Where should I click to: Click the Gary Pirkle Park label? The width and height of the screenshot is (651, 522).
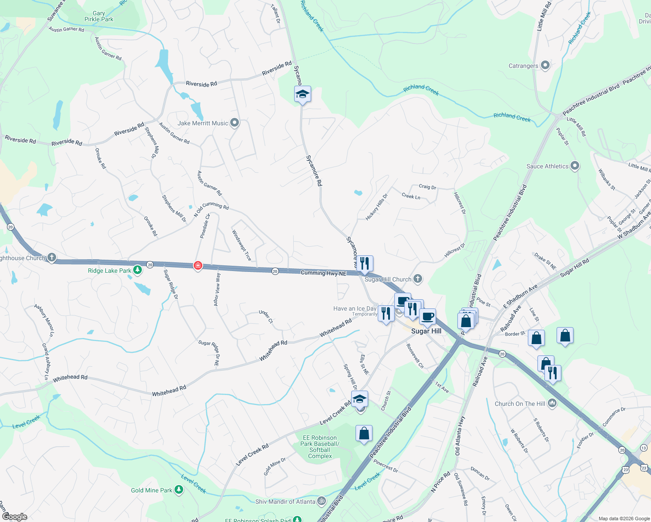(x=99, y=17)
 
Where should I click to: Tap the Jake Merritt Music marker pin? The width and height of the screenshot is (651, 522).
(x=235, y=123)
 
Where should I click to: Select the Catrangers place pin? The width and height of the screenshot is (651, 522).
(x=545, y=66)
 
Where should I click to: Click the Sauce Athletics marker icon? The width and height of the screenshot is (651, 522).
(x=575, y=166)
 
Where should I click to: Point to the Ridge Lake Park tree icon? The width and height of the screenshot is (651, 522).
(x=138, y=270)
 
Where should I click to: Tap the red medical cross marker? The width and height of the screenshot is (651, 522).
(x=198, y=265)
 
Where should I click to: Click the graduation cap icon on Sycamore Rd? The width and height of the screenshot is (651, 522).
(x=302, y=94)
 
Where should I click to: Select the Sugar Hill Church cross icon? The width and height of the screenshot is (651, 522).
(x=418, y=279)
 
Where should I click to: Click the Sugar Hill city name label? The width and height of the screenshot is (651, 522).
(x=426, y=331)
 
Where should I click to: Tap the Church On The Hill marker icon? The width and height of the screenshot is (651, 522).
(x=552, y=403)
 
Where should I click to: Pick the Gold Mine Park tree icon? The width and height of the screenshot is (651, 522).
(x=178, y=490)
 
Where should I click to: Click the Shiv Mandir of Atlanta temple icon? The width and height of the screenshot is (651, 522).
(x=322, y=501)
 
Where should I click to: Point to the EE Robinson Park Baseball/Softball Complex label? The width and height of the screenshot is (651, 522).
(x=320, y=447)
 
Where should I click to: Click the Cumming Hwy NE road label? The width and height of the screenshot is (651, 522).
(x=324, y=273)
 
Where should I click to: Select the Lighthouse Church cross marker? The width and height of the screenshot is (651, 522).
(x=52, y=258)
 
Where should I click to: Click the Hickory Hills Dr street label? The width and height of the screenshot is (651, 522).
(x=376, y=207)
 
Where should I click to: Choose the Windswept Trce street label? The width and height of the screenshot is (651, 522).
(x=242, y=245)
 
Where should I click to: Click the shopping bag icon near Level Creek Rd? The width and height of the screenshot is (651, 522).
(x=364, y=433)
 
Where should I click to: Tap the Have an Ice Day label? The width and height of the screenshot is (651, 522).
(x=355, y=308)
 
